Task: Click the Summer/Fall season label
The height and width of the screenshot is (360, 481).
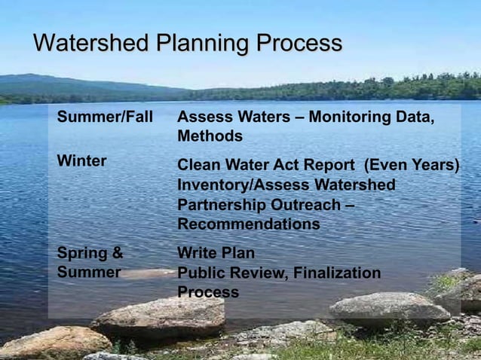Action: [105, 117]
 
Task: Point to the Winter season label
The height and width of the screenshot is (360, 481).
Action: [81, 161]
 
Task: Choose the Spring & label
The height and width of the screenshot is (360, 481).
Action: [90, 253]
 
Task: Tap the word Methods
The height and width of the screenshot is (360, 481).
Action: [210, 137]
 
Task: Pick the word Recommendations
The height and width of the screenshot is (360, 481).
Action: [248, 224]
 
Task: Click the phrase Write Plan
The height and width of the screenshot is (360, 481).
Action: [216, 253]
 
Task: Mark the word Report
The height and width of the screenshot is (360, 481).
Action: [329, 165]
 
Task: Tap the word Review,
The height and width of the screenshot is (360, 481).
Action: [255, 273]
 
